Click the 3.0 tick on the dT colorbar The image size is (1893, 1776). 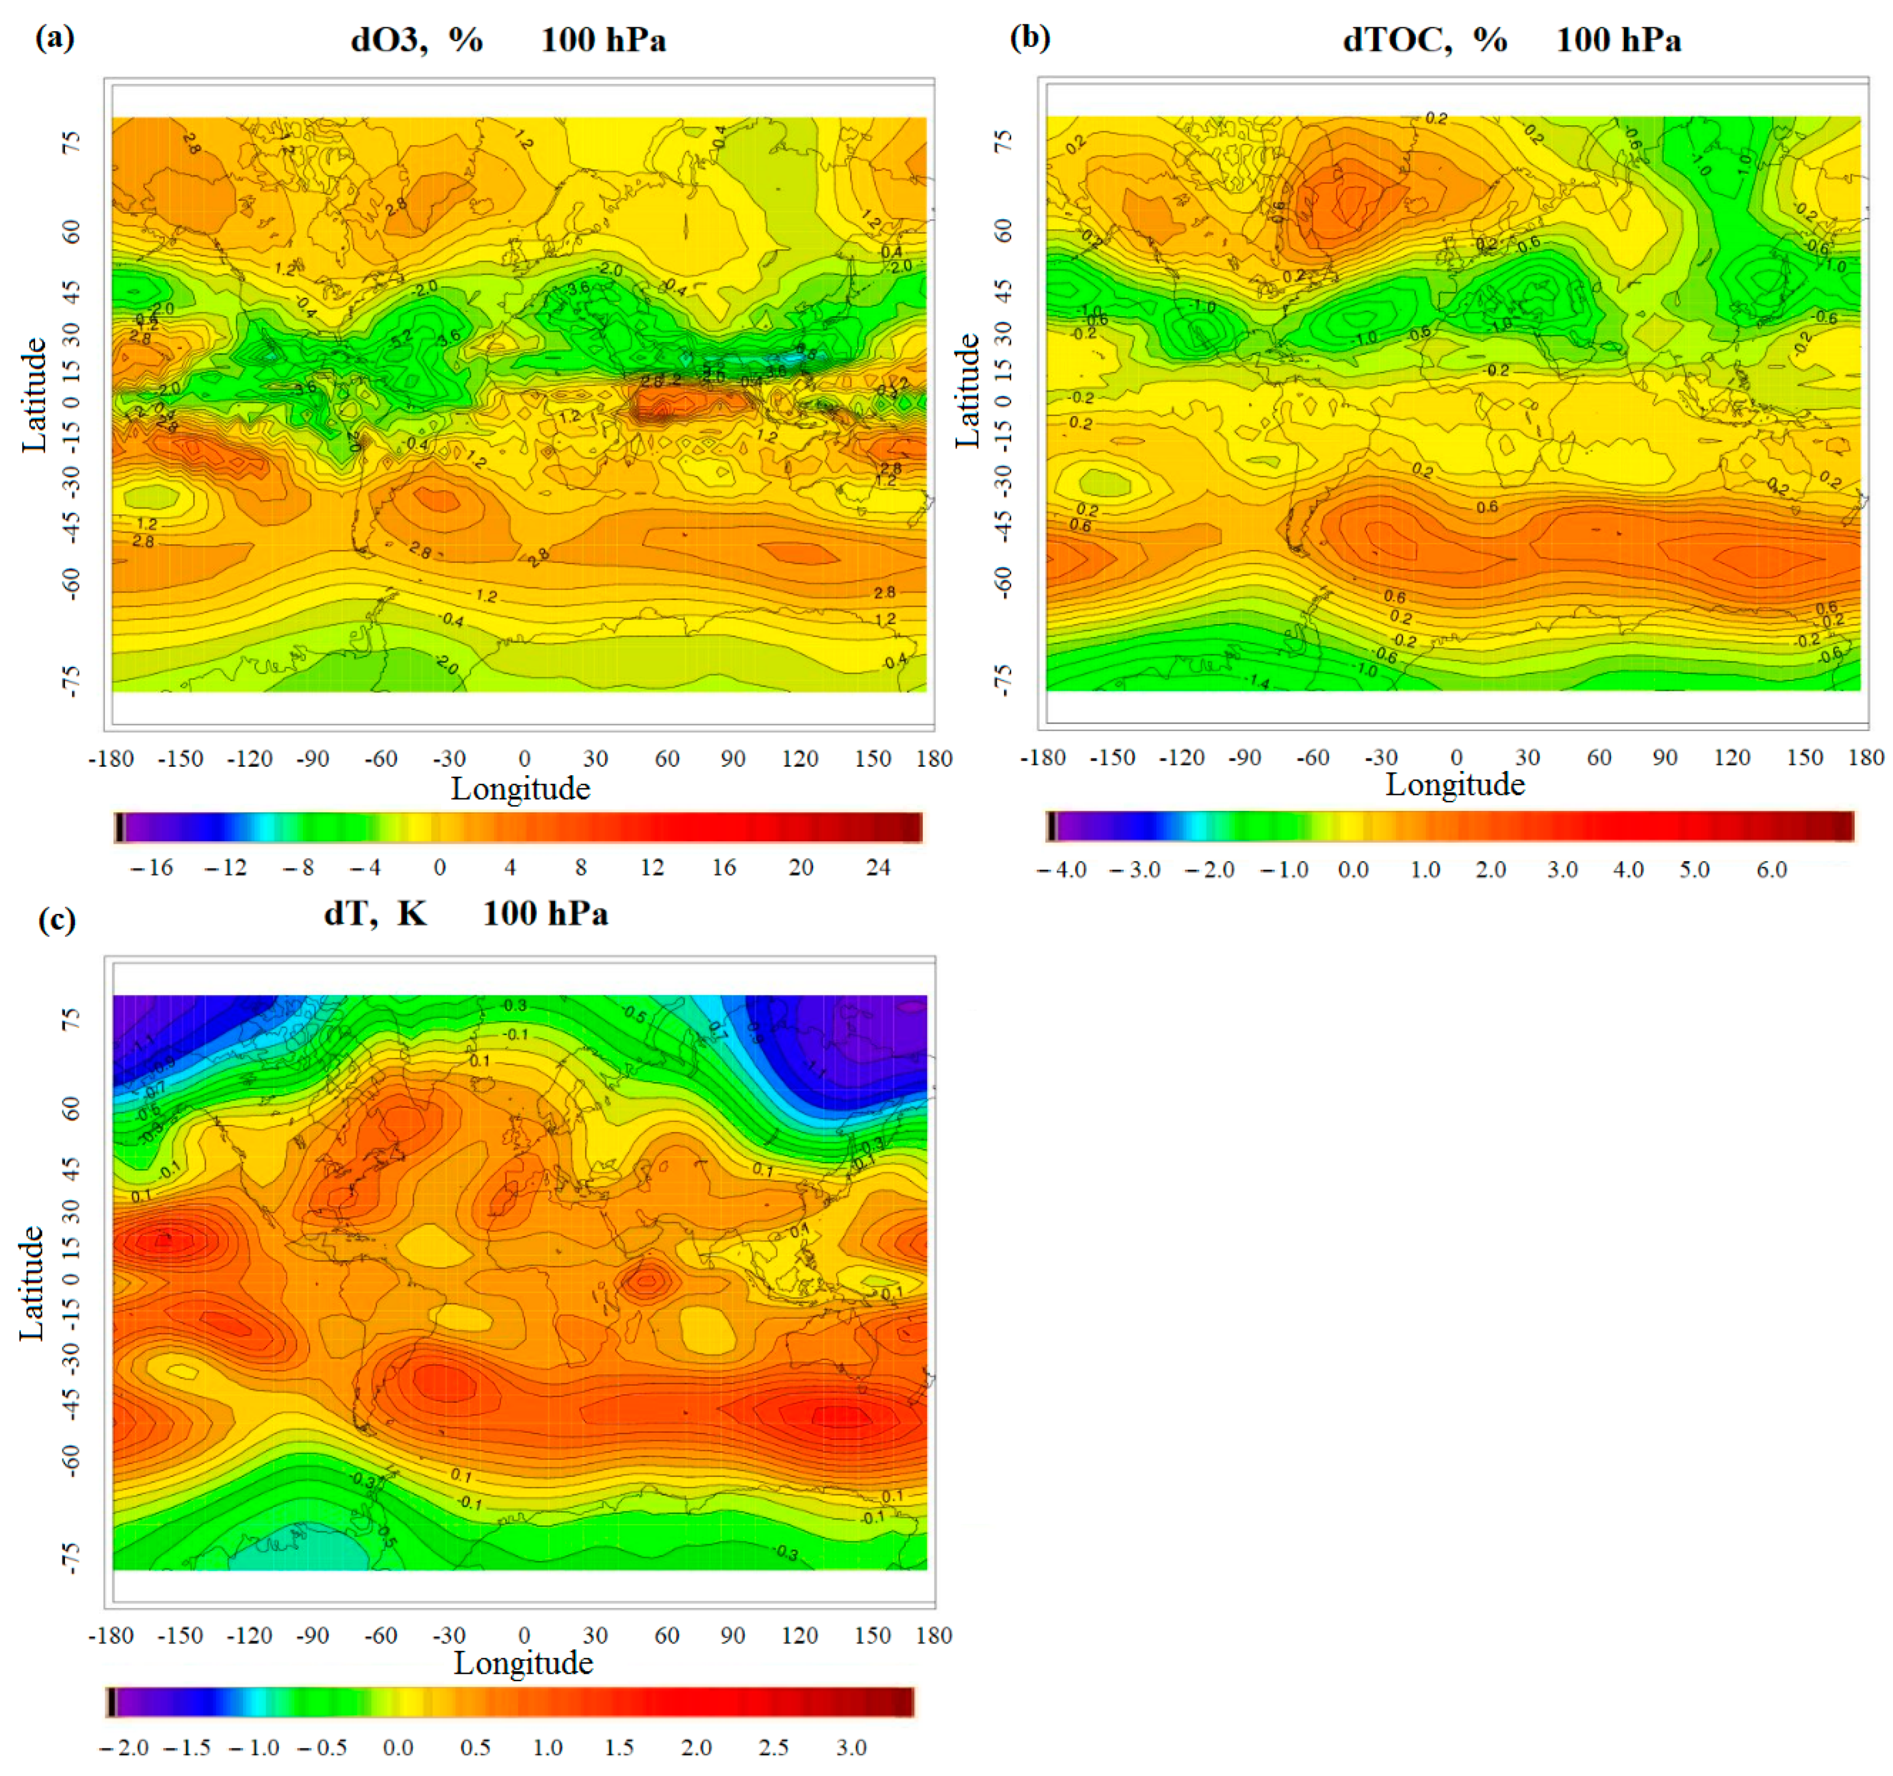(x=851, y=1748)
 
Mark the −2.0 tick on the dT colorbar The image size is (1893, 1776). (x=124, y=1748)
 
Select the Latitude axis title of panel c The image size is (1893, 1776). (x=31, y=1283)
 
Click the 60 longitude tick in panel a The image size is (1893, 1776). (x=666, y=759)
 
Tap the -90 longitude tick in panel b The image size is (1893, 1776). (x=1244, y=758)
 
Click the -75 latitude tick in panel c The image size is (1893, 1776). (x=70, y=1558)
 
